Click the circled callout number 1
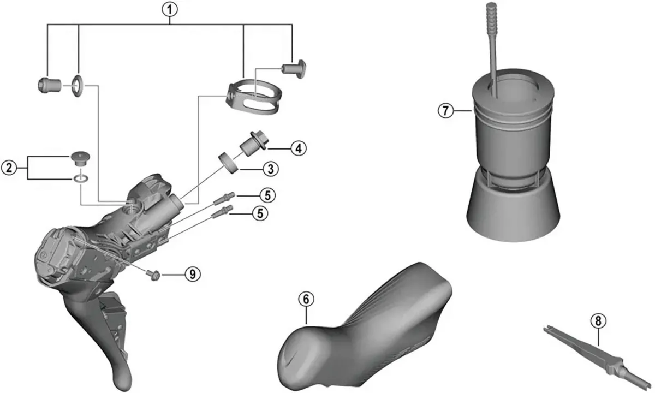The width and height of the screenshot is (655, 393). [x=171, y=8]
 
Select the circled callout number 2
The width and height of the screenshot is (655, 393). [x=9, y=168]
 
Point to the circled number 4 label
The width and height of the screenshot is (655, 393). [x=298, y=147]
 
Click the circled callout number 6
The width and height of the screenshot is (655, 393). [x=306, y=299]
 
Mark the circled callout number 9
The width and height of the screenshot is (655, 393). [x=192, y=273]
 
